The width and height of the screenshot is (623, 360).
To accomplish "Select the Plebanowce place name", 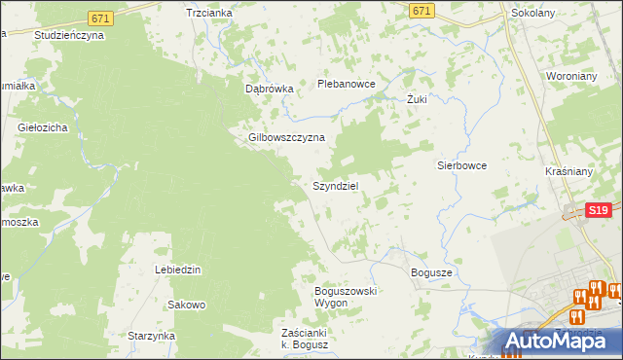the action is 347,84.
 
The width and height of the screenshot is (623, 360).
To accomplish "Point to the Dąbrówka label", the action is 269,89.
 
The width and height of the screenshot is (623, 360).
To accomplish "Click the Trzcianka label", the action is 209,13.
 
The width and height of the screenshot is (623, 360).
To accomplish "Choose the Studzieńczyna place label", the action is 68,34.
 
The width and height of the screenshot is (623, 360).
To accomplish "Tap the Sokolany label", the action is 533,15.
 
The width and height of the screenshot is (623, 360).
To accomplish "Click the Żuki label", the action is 417,99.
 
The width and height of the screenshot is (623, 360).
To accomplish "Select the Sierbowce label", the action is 461,165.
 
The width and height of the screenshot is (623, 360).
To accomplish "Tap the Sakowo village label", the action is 187,305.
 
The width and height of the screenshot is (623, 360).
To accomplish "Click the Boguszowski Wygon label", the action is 345,297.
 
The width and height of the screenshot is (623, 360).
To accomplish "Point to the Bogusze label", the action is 432,273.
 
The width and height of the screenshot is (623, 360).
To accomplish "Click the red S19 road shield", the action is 598,209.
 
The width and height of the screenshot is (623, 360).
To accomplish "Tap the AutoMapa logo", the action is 556,341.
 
